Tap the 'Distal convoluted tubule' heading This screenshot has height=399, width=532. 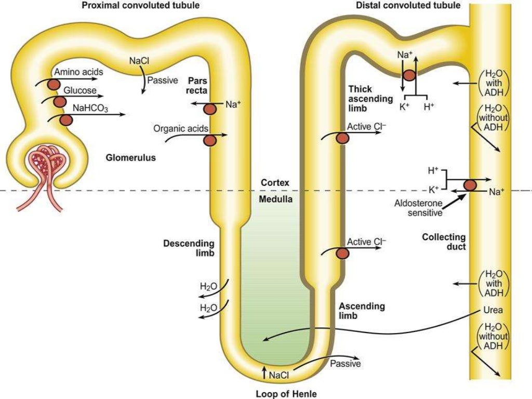[x=408, y=5]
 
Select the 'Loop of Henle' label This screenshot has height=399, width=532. [x=286, y=393]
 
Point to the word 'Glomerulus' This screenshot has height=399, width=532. [x=131, y=157]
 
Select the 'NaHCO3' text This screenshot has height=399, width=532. [x=90, y=109]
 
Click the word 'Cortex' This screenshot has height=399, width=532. [x=275, y=183]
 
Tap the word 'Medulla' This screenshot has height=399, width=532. [x=275, y=199]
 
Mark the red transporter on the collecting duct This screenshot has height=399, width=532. [x=470, y=185]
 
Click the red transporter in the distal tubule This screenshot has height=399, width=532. [x=409, y=75]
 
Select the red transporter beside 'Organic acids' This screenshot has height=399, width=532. [x=210, y=140]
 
